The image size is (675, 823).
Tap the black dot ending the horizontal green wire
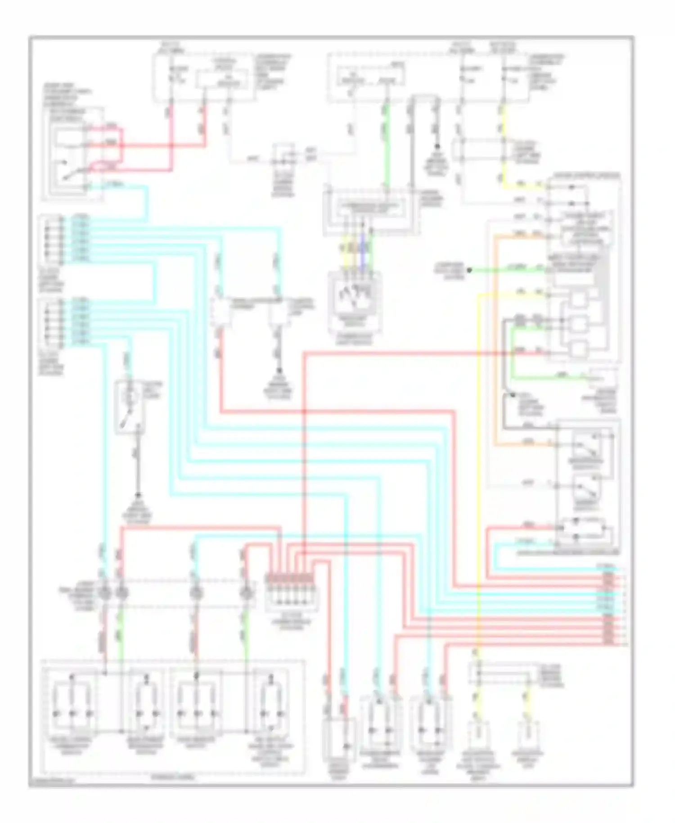(469, 270)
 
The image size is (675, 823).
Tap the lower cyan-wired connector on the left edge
(50, 322)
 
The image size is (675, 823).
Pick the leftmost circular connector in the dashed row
(104, 593)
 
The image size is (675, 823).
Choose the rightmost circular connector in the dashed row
(246, 593)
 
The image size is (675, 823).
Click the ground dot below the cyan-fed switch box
(138, 495)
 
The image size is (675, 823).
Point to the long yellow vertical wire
(478, 473)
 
